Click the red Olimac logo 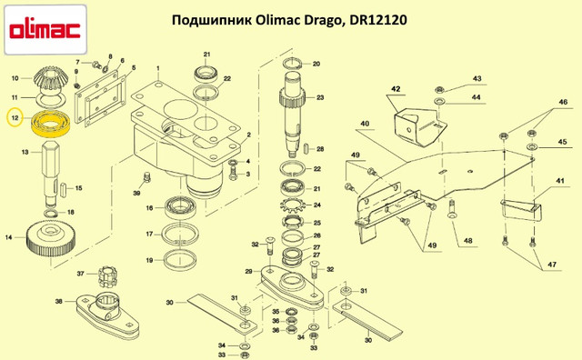pyautogui.click(x=45, y=30)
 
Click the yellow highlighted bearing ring pyautogui.click(x=51, y=124)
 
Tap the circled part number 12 pyautogui.click(x=15, y=118)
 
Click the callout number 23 pyautogui.click(x=320, y=97)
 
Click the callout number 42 pyautogui.click(x=396, y=89)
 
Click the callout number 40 pyautogui.click(x=365, y=124)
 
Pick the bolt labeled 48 pyautogui.click(x=452, y=208)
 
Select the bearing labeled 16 pyautogui.click(x=179, y=208)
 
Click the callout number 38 pyautogui.click(x=59, y=301)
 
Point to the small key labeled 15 pyautogui.click(x=63, y=188)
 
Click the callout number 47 pyautogui.click(x=552, y=265)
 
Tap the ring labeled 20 pyautogui.click(x=293, y=64)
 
